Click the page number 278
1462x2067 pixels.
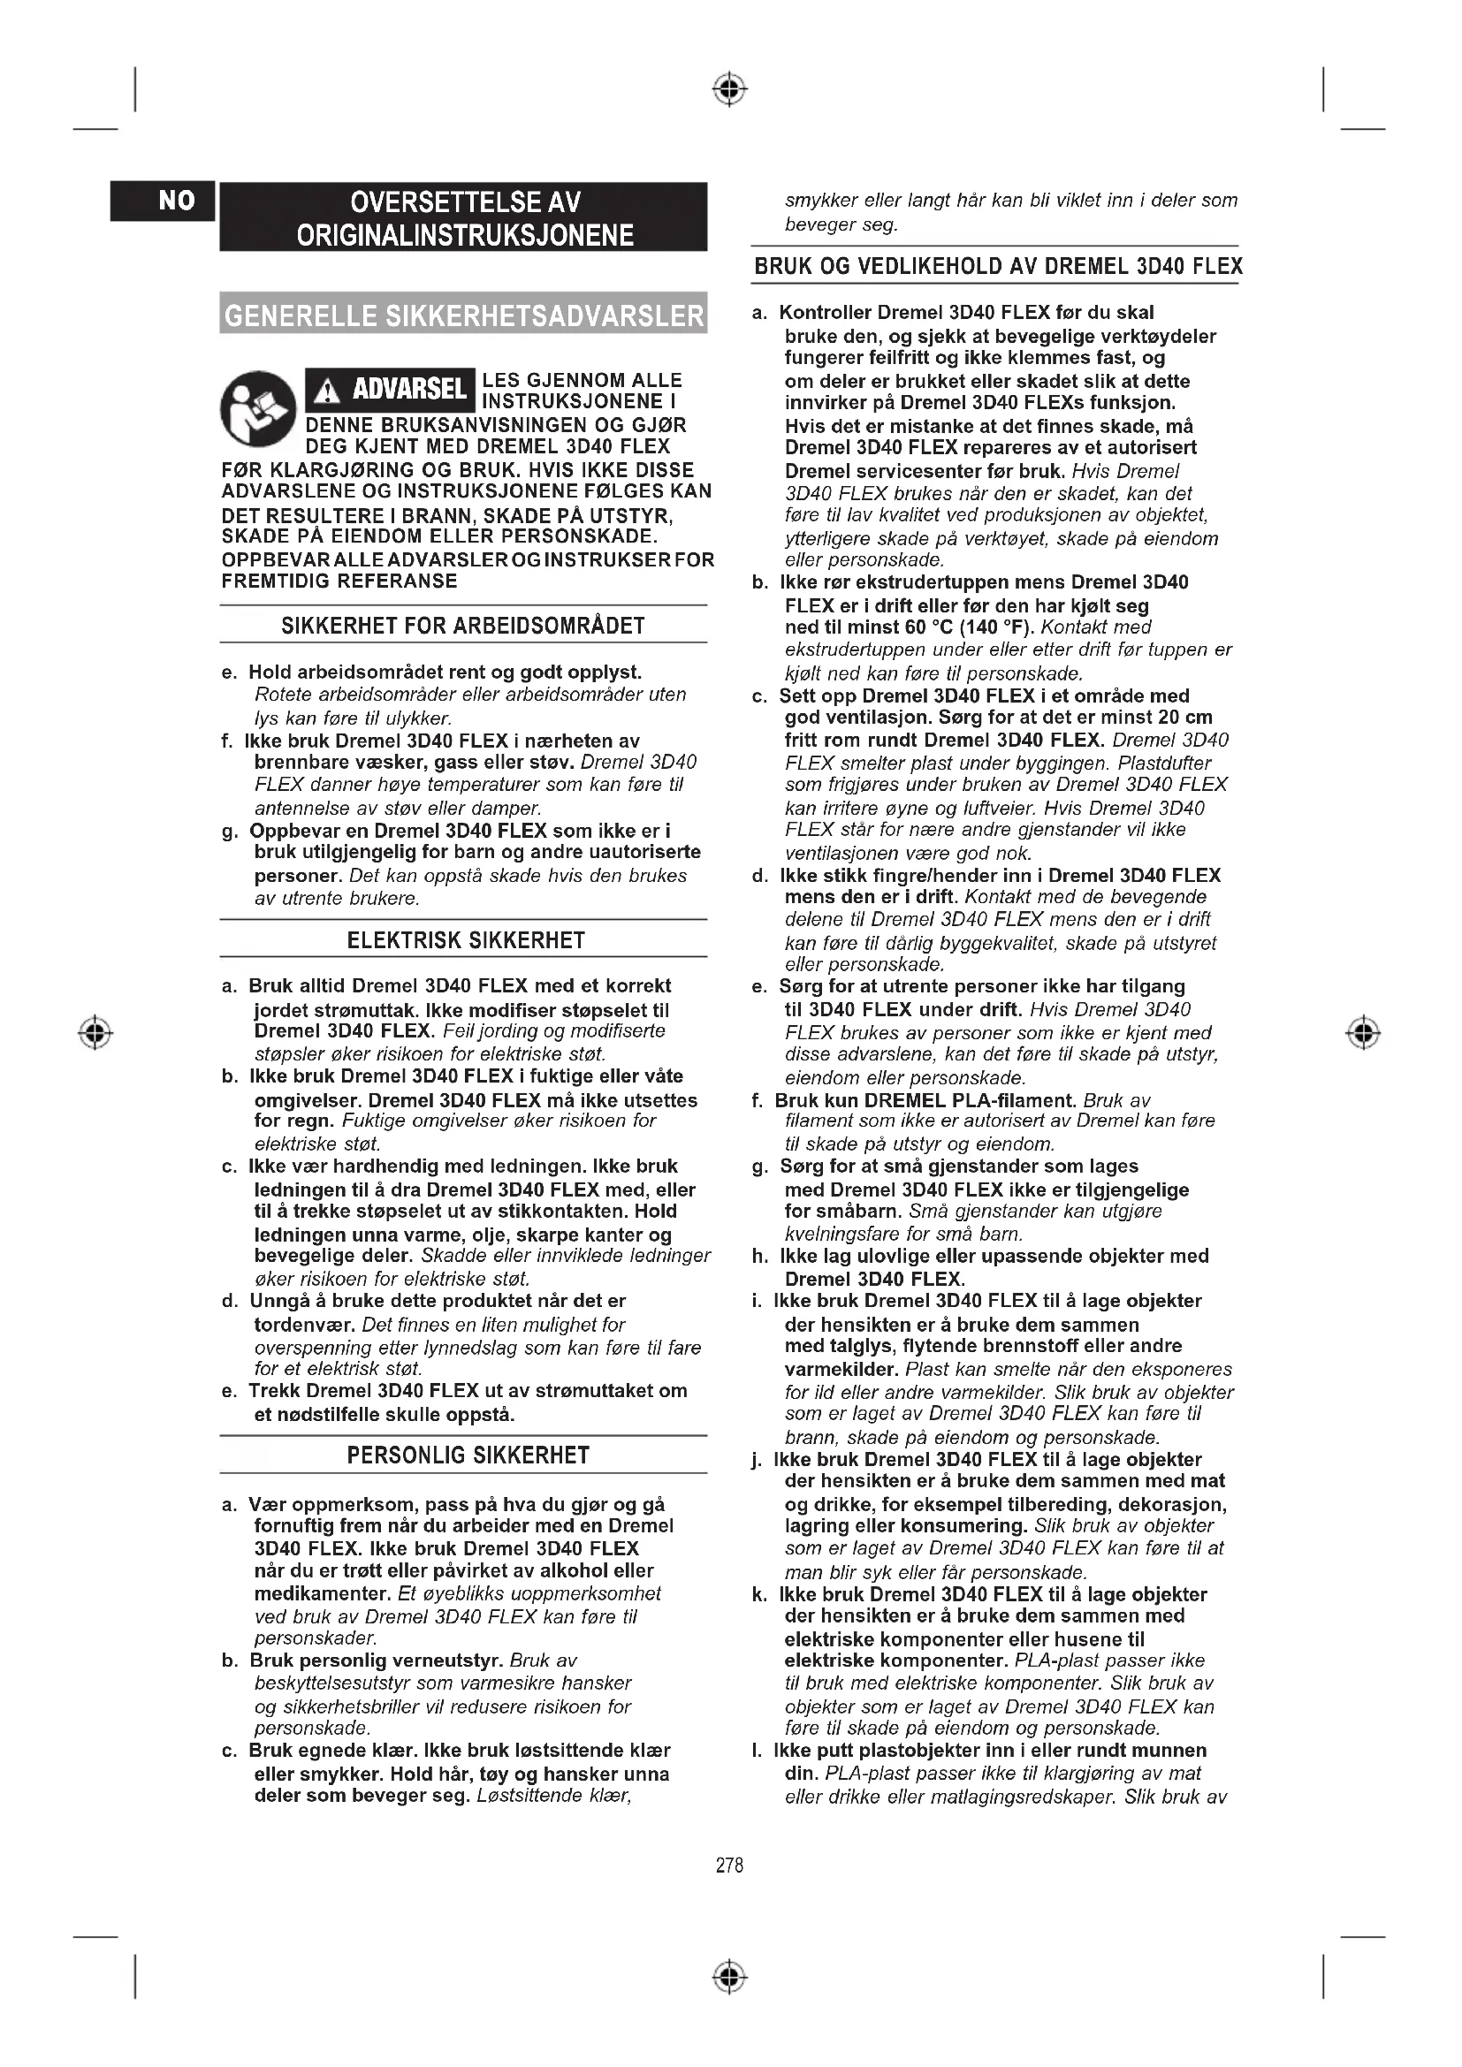coord(729,1866)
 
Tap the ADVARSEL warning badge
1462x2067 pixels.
coord(390,390)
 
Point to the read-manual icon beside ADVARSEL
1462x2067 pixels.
coord(258,407)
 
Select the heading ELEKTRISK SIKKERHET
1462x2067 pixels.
coord(466,941)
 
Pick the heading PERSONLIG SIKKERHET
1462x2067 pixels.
coord(468,1455)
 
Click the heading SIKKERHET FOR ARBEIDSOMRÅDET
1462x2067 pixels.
coord(462,626)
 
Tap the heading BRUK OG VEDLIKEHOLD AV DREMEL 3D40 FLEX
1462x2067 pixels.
coord(997,267)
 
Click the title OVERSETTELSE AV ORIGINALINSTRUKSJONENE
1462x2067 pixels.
coord(465,218)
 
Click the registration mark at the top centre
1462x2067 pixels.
coord(729,90)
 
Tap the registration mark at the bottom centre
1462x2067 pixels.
coord(729,1977)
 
